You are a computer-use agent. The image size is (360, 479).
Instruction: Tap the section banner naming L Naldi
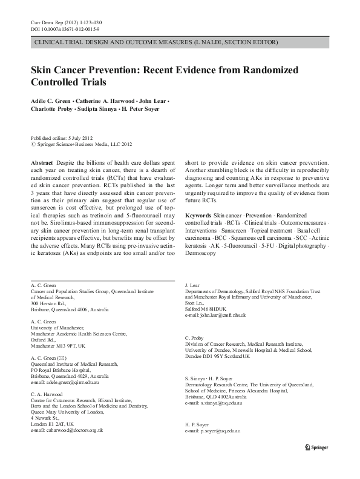[x=157, y=43]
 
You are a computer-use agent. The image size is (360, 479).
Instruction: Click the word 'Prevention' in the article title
[x=111, y=70]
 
